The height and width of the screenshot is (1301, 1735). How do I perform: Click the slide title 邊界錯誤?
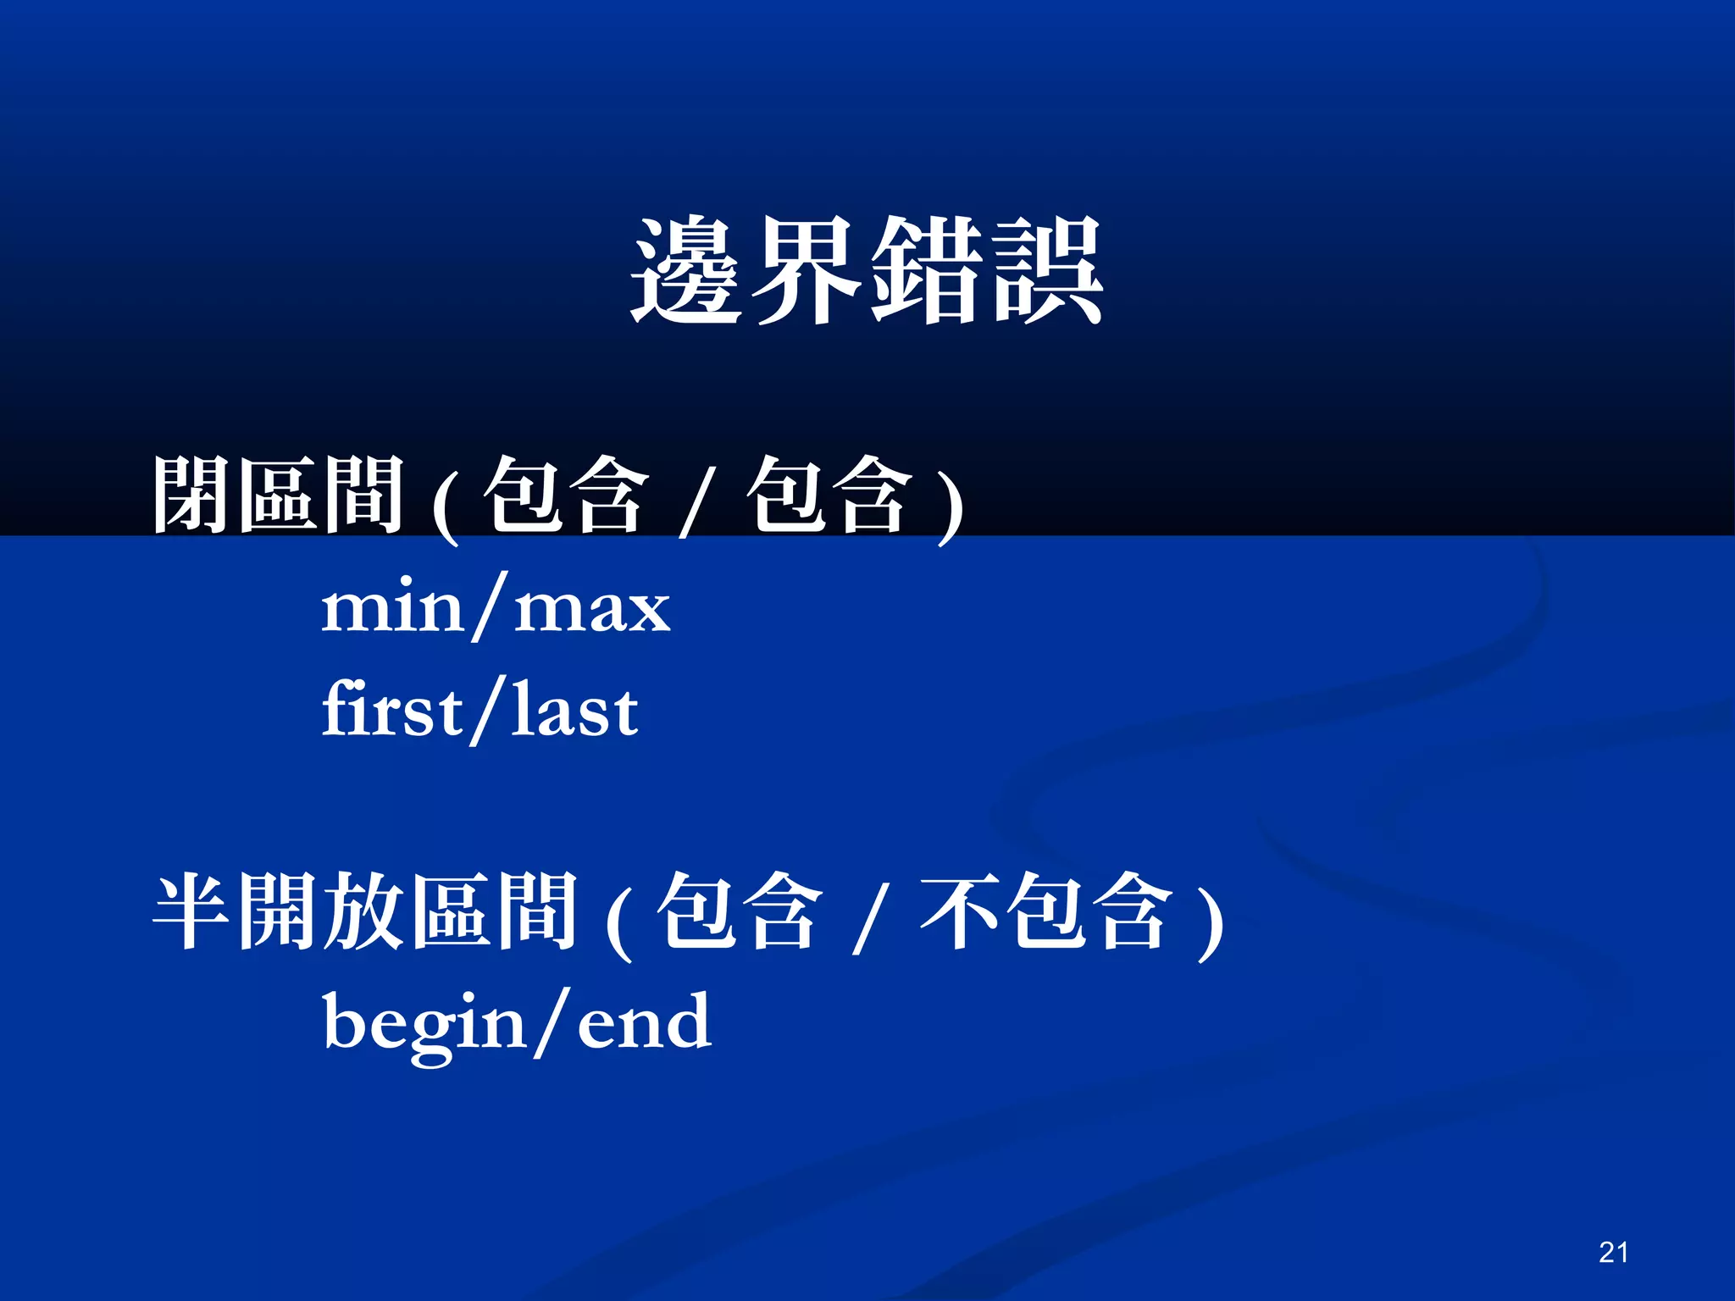[x=867, y=271]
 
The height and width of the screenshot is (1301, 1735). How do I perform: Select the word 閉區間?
[x=278, y=495]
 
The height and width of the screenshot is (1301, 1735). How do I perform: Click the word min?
[x=392, y=607]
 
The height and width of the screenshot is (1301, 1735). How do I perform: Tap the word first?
[x=392, y=710]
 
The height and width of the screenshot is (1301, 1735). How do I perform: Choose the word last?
[x=574, y=710]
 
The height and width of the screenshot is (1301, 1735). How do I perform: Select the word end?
[x=644, y=1021]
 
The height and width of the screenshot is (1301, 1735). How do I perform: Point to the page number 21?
[x=1613, y=1252]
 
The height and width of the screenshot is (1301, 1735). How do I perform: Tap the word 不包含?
[x=1047, y=911]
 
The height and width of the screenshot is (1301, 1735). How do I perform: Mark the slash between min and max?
[x=490, y=607]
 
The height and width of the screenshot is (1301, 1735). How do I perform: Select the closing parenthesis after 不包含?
[x=1210, y=923]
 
